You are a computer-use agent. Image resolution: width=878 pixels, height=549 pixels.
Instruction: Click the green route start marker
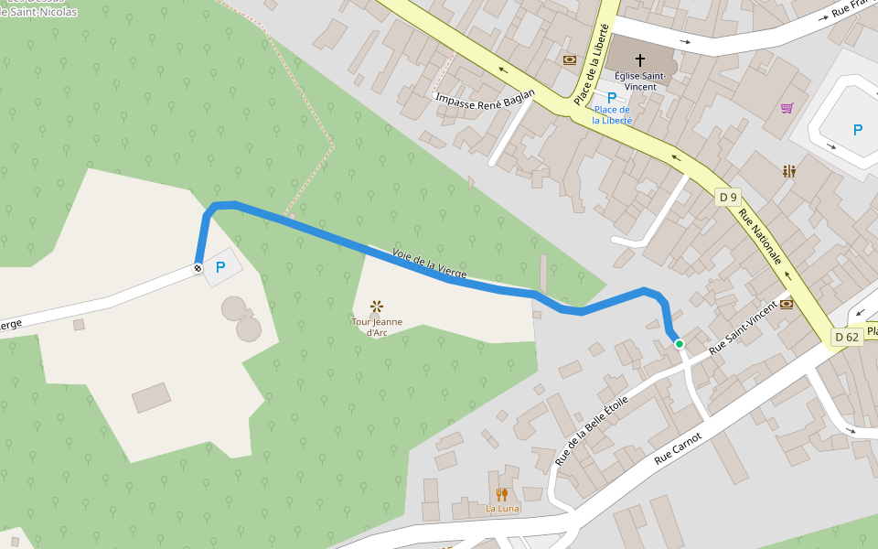[x=680, y=344]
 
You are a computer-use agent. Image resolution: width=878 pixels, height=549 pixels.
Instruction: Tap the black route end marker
[x=197, y=269]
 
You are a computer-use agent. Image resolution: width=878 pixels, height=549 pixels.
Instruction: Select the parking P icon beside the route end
[x=219, y=267]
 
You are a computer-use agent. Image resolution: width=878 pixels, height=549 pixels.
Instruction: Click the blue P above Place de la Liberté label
[x=612, y=97]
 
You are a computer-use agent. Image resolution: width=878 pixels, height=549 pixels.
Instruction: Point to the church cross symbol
[x=639, y=59]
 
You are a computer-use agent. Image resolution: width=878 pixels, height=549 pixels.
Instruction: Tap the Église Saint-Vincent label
[x=640, y=81]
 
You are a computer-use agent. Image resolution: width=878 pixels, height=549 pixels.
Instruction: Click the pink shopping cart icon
[x=787, y=108]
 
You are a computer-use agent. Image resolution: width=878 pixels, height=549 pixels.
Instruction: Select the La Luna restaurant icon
[x=501, y=494]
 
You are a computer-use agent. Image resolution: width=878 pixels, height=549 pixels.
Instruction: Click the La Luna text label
[x=502, y=509]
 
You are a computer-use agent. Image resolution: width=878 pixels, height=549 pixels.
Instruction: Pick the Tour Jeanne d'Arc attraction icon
[x=377, y=307]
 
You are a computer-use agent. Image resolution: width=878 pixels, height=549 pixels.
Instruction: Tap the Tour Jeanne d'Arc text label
[x=377, y=327]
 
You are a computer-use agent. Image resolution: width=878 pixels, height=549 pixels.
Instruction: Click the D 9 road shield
[x=728, y=197]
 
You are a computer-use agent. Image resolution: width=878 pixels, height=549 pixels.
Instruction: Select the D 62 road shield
[x=846, y=337]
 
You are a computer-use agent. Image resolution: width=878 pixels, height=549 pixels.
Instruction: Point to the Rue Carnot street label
[x=678, y=451]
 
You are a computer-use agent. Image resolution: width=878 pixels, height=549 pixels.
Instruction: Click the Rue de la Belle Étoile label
[x=592, y=429]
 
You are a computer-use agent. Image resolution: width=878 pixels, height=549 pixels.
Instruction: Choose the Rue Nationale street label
[x=760, y=237]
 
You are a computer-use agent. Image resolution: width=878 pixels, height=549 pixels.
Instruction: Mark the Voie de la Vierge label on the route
[x=429, y=264]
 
